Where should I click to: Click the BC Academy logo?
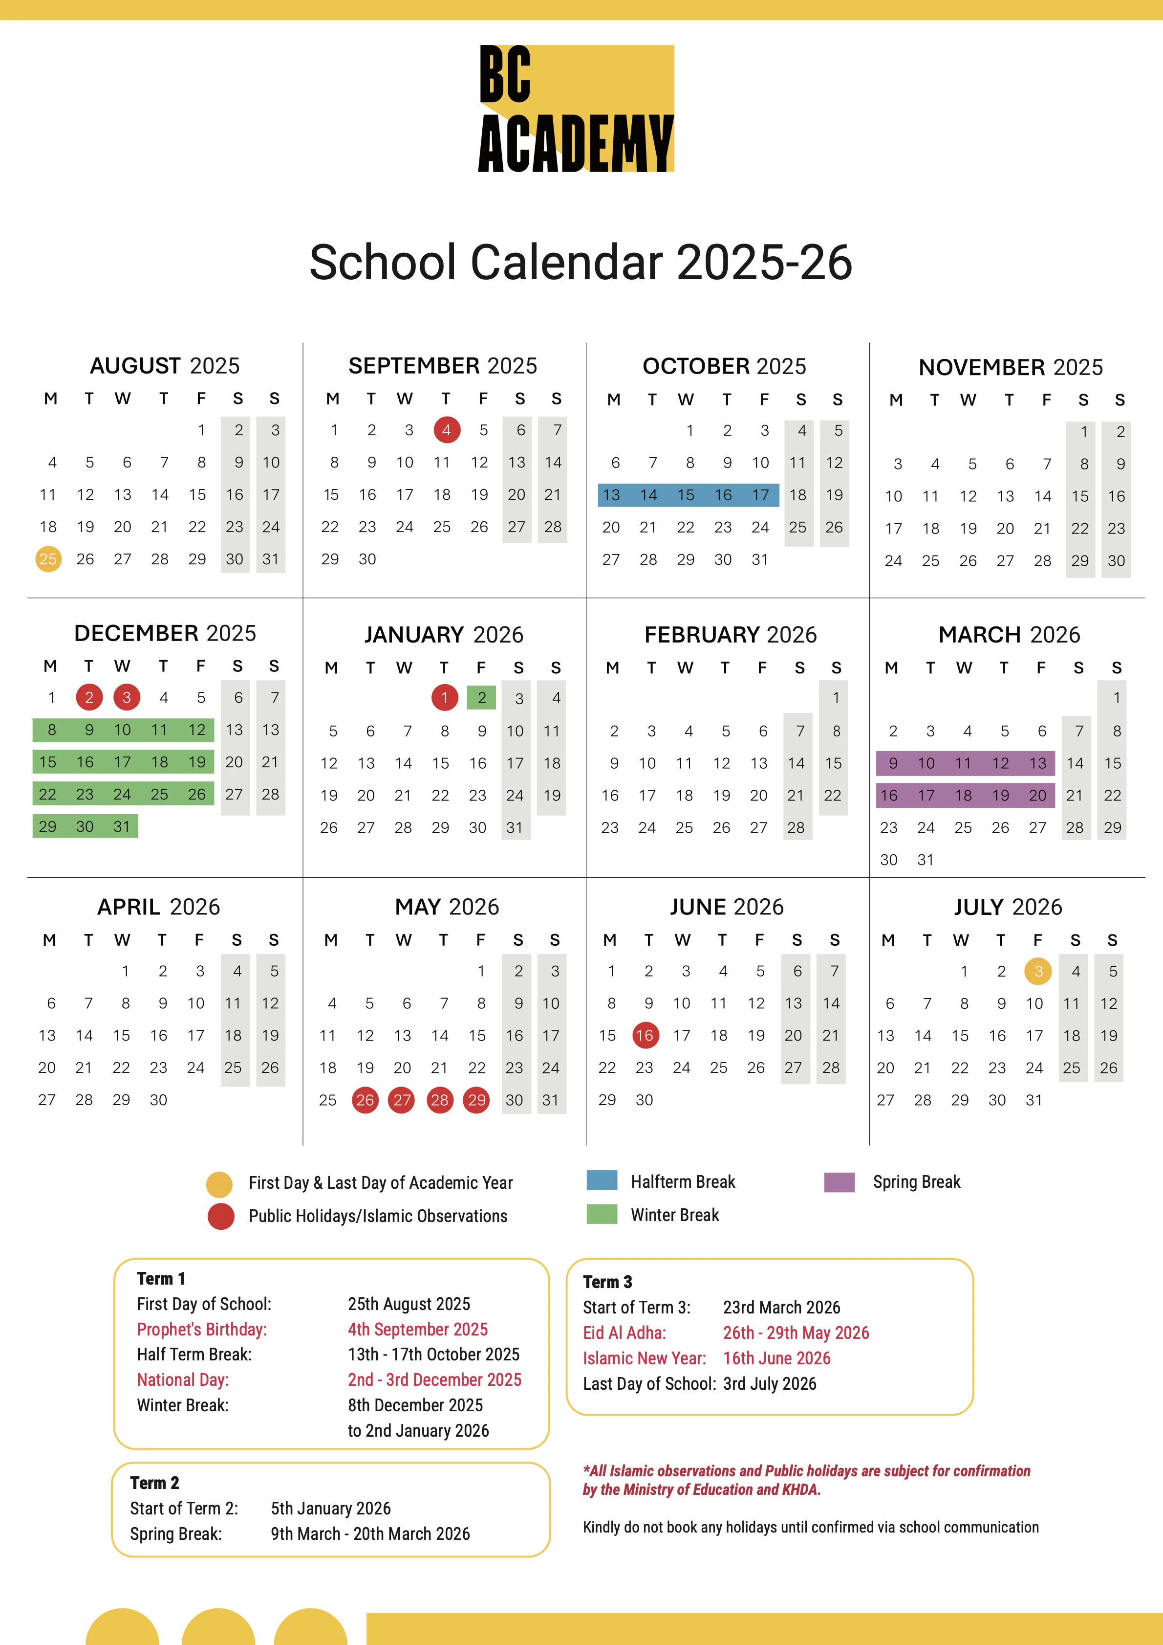[577, 109]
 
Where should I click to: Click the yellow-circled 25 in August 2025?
[48, 559]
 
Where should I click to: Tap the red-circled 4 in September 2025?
[447, 430]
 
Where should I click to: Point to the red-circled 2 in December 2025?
[89, 697]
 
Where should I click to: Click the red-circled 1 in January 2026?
[445, 697]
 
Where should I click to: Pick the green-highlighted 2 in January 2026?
[482, 697]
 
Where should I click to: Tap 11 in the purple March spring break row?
[963, 763]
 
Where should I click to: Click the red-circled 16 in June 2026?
[645, 1035]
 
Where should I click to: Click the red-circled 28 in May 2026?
[440, 1100]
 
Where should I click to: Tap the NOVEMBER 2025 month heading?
[1011, 367]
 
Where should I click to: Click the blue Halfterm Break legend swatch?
[602, 1180]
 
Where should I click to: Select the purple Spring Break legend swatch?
[840, 1181]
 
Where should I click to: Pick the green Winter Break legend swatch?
[602, 1214]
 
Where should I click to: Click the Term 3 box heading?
[607, 1282]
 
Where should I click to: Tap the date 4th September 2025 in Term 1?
[417, 1330]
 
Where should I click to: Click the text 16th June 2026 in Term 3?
[776, 1358]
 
